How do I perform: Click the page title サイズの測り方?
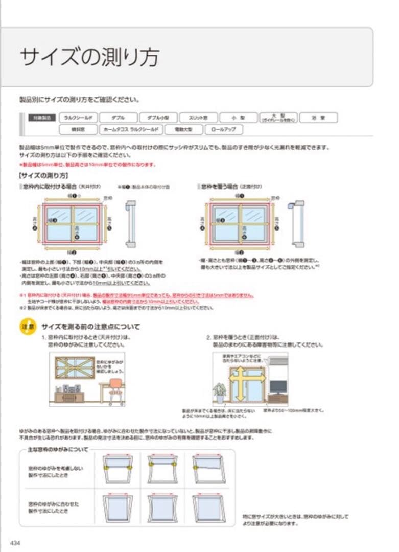[89, 57]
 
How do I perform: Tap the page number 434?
[15, 542]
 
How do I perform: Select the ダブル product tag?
[118, 118]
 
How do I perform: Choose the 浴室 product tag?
[318, 118]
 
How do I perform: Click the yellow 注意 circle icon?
[28, 326]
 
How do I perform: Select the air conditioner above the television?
[278, 364]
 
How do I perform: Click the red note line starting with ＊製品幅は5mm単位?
[87, 165]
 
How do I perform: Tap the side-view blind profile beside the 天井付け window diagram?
[131, 224]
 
